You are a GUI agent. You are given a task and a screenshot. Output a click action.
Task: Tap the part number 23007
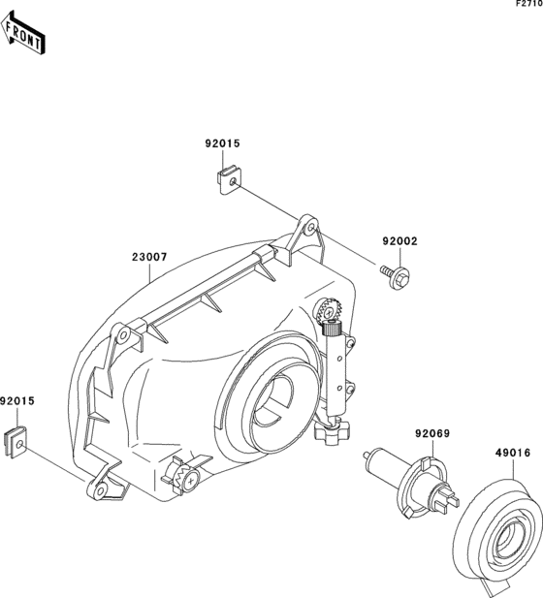pos(149,257)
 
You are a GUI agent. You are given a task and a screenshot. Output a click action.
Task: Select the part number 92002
pos(400,241)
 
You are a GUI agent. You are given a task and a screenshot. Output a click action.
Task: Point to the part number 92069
pos(432,433)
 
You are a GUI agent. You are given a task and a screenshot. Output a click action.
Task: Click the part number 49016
pos(513,453)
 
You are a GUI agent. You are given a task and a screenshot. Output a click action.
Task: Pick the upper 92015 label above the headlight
pos(222,143)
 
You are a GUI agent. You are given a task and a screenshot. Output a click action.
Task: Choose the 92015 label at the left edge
pos(17,401)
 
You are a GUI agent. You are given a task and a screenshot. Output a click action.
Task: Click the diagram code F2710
pos(529,4)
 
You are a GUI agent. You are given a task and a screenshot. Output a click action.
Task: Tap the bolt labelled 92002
pos(396,276)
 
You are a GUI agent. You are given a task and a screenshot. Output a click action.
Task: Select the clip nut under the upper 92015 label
pos(230,181)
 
